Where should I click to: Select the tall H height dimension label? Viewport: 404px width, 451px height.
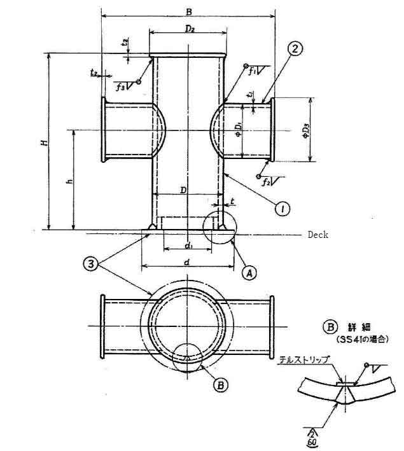tap(45, 142)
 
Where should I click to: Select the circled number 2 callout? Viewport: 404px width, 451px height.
tap(293, 48)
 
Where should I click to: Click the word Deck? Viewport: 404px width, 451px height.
tap(318, 235)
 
